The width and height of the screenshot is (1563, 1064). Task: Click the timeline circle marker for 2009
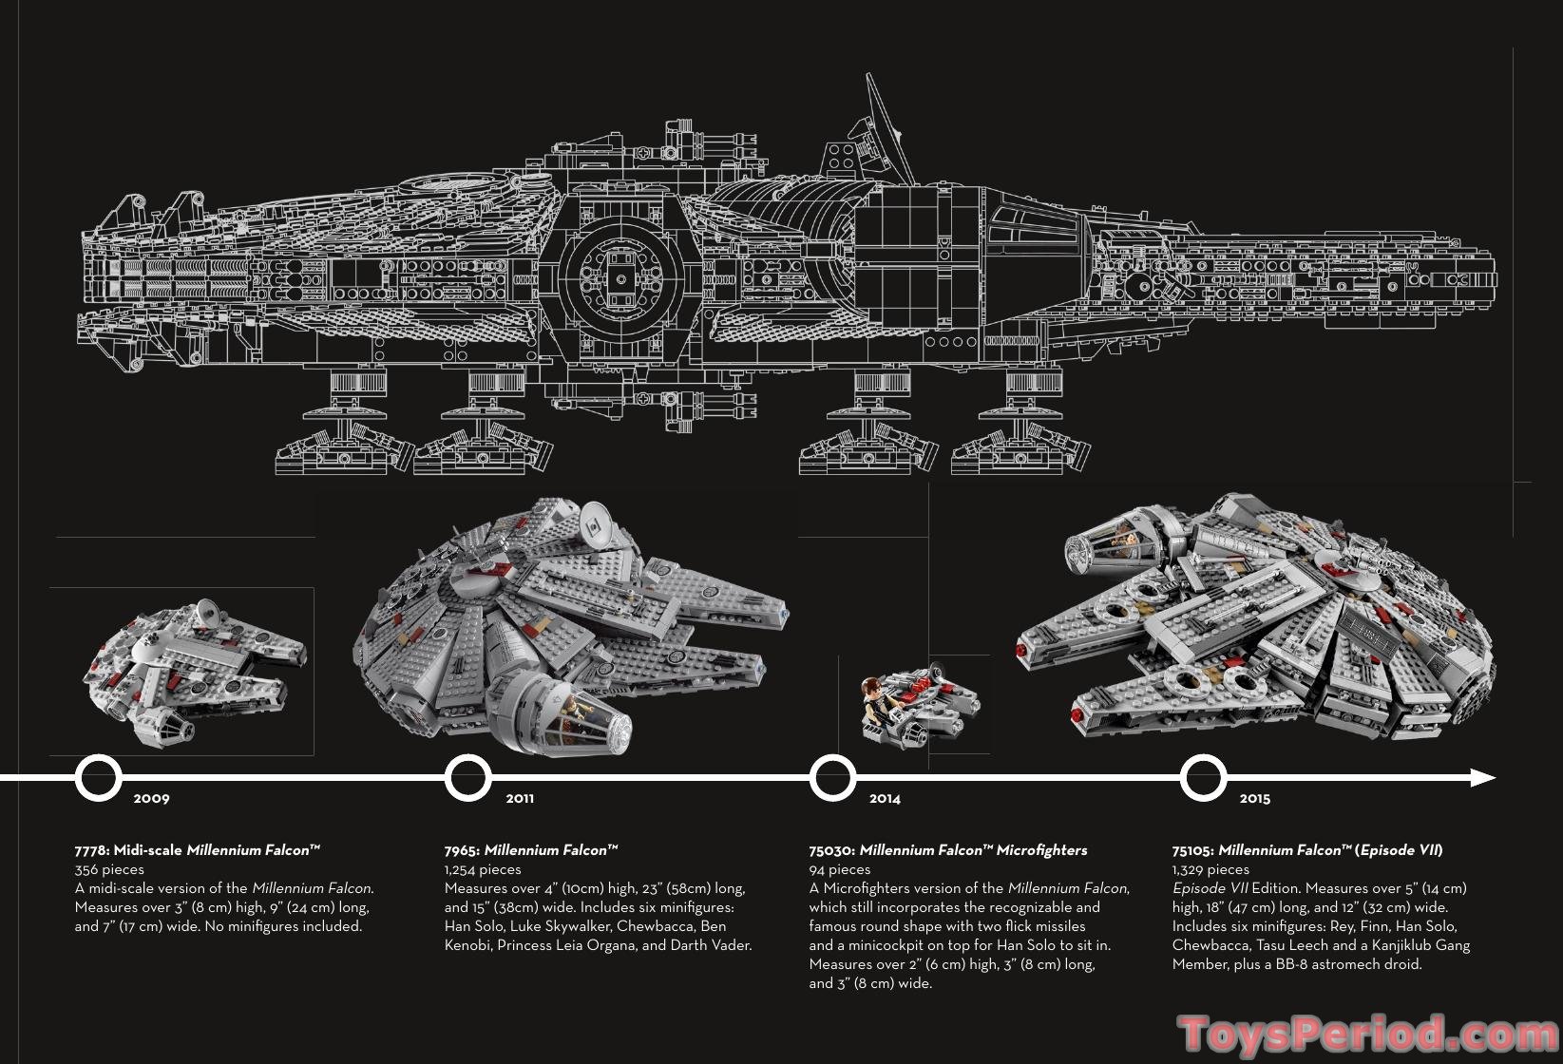[98, 778]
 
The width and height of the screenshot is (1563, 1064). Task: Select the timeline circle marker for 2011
[467, 778]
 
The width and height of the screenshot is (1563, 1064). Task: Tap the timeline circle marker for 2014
[832, 778]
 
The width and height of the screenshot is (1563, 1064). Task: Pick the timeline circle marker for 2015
[1203, 778]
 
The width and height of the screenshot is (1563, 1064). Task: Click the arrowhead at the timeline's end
[1483, 778]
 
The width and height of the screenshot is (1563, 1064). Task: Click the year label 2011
[520, 799]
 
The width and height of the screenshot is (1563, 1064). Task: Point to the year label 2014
[885, 799]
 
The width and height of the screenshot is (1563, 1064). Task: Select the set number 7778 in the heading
[90, 850]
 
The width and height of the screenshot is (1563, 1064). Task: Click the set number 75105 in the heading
[1192, 850]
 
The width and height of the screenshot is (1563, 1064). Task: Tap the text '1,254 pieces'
[483, 869]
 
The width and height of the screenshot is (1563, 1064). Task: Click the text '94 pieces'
[840, 869]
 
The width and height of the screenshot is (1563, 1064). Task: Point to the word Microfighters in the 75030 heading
[1042, 850]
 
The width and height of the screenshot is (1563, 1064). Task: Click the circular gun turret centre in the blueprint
[621, 277]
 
